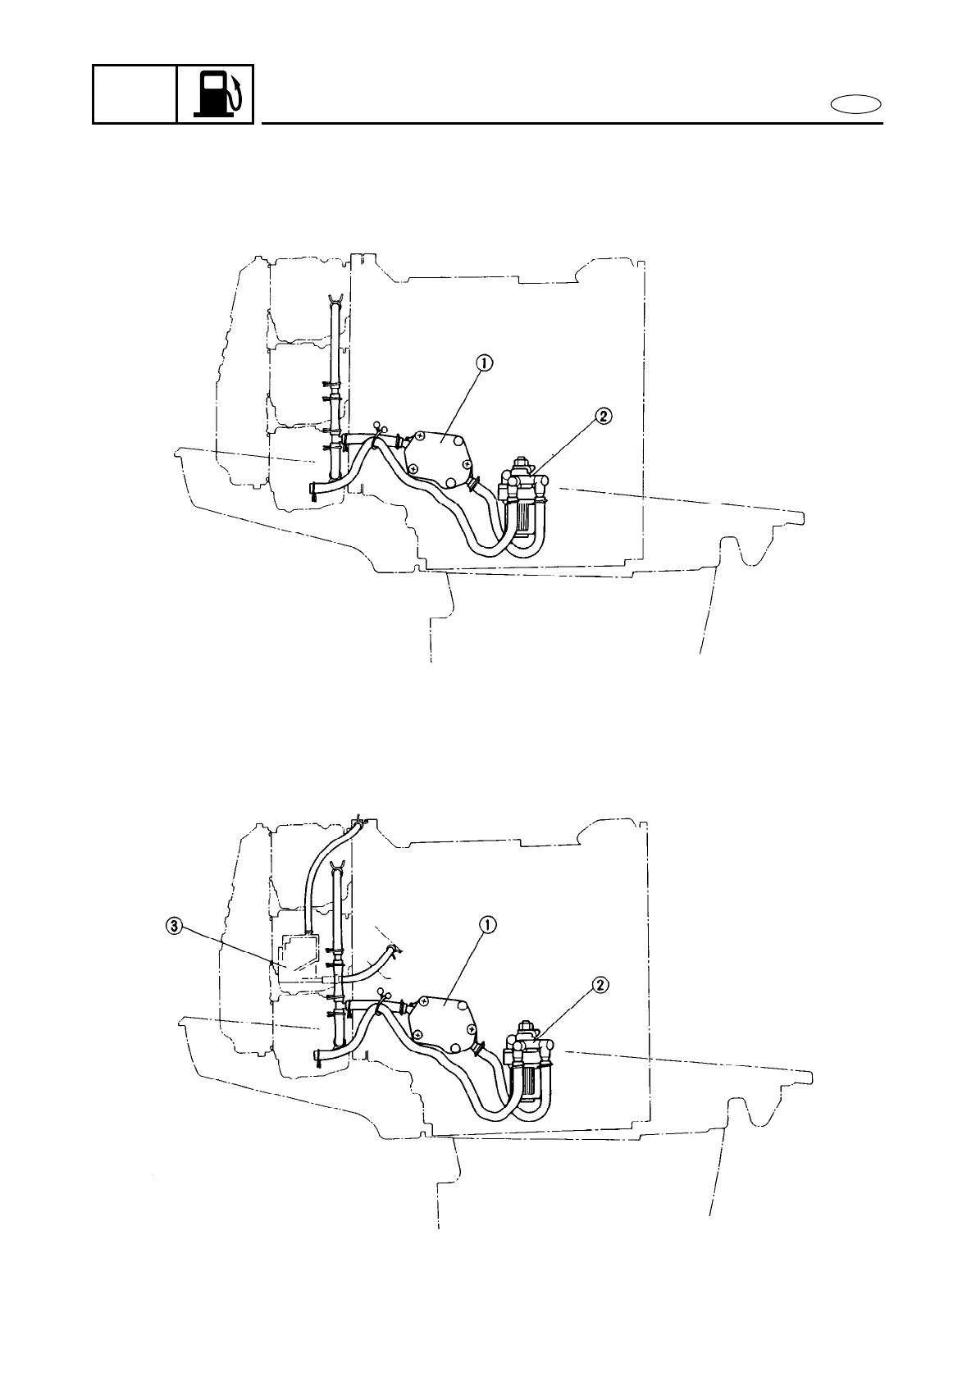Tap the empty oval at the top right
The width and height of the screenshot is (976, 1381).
855,104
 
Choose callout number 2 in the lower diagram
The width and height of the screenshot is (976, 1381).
601,985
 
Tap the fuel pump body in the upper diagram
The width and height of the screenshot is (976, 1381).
440,453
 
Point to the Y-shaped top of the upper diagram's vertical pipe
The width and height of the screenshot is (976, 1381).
334,298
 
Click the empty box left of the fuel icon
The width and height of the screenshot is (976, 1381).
135,94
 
